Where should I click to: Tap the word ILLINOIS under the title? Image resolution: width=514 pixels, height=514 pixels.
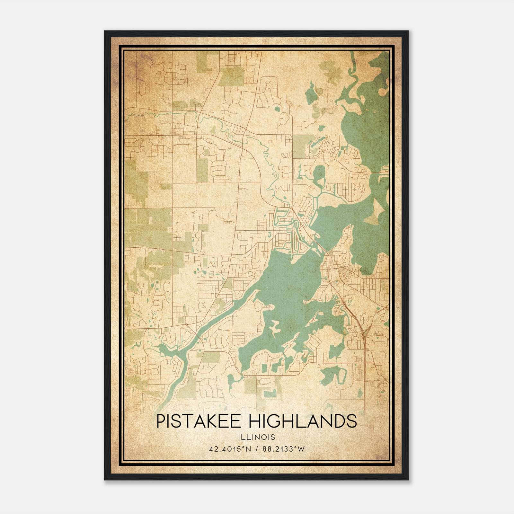pos(257,437)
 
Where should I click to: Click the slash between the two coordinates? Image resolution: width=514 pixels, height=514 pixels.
pos(257,449)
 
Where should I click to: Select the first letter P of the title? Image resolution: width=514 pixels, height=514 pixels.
pos(161,421)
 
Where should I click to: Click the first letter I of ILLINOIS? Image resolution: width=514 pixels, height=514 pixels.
pos(239,437)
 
